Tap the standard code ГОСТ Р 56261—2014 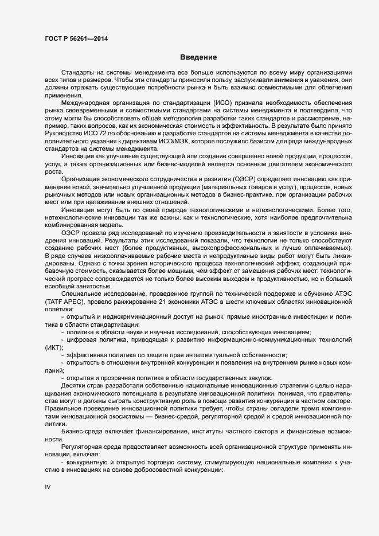(x=77, y=39)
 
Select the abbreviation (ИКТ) (x=53, y=347)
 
